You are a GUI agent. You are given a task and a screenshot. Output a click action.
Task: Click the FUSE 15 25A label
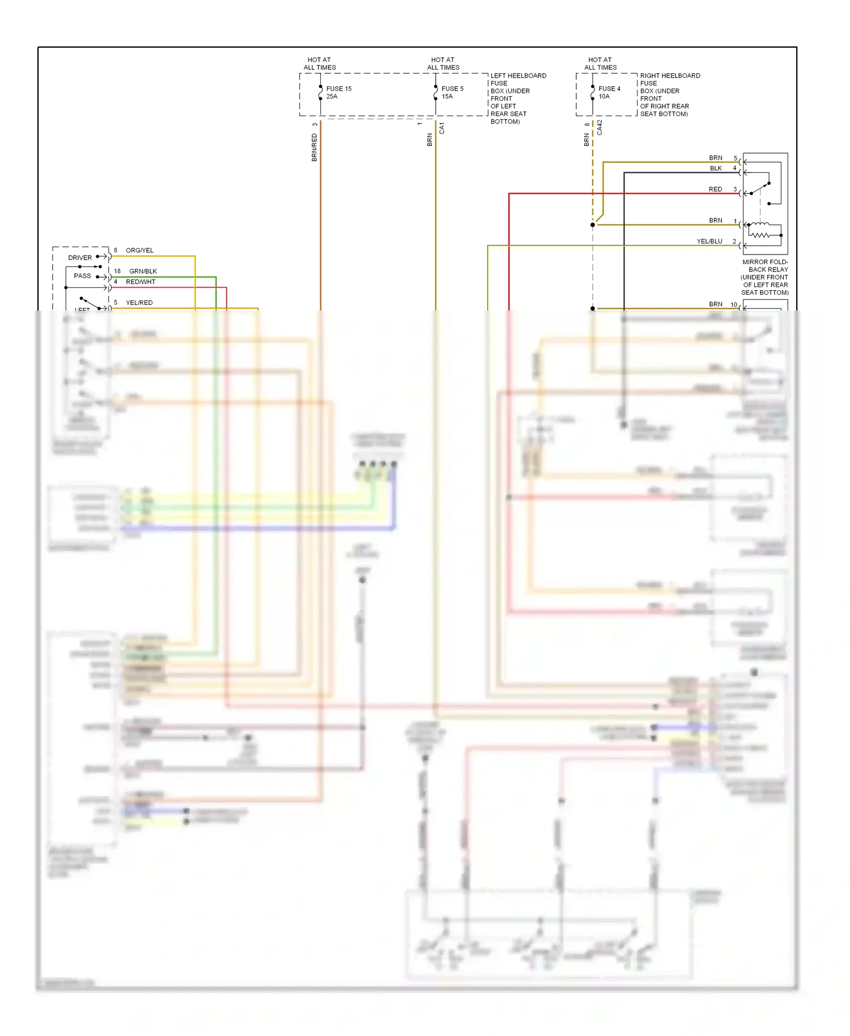[x=338, y=92]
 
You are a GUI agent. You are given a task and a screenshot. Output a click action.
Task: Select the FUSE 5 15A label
[x=452, y=92]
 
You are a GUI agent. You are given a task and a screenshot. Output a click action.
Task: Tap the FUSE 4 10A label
[x=609, y=92]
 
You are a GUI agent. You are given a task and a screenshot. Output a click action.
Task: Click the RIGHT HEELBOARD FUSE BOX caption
[x=669, y=95]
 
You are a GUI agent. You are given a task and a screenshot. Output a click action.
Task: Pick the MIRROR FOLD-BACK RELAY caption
[x=764, y=277]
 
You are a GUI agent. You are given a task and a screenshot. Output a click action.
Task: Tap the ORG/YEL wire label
[x=139, y=250]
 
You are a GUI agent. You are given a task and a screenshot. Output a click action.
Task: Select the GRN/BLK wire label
[x=143, y=271]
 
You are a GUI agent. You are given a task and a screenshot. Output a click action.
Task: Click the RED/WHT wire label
[x=141, y=282]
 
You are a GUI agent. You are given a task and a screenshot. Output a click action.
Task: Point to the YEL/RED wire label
[x=139, y=303]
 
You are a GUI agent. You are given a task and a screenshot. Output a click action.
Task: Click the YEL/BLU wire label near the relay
[x=709, y=241]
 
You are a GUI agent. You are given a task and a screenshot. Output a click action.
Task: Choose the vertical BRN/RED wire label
[x=314, y=147]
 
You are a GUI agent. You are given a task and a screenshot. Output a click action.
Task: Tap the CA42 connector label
[x=600, y=128]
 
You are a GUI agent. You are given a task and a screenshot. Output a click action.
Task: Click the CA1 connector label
[x=442, y=128]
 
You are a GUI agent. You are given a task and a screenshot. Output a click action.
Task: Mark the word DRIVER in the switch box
[x=80, y=258]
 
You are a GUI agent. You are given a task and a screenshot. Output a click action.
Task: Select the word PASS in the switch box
[x=82, y=276]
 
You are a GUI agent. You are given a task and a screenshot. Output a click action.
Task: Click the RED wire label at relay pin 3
[x=715, y=189]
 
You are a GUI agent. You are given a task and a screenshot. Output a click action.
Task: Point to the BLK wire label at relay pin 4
[x=716, y=168]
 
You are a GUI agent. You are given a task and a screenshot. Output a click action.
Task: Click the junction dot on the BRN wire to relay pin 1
[x=593, y=225]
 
